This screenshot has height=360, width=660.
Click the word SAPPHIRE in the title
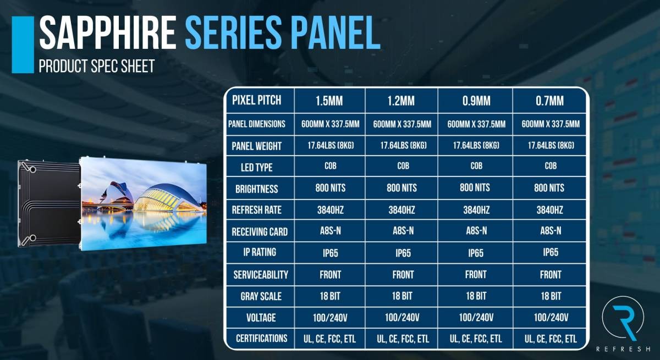[108, 32]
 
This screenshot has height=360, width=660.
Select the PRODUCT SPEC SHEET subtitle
[97, 66]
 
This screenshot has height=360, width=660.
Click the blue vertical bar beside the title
[23, 45]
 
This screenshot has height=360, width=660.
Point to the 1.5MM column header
[329, 101]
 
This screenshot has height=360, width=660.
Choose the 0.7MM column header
[549, 101]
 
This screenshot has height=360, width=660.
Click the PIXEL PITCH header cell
[257, 101]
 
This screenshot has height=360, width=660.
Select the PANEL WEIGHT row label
[257, 146]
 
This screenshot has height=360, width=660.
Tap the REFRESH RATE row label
[257, 210]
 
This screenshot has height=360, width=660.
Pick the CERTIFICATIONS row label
[261, 339]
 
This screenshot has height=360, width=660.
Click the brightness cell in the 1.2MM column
[402, 188]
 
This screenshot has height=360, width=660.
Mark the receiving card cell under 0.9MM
[476, 231]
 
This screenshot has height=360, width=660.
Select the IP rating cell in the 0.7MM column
[551, 252]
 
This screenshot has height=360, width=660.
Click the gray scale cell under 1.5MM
[330, 296]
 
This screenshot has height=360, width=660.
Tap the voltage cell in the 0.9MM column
[476, 318]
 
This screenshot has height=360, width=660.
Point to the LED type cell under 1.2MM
[403, 166]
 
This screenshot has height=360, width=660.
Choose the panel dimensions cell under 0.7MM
[551, 124]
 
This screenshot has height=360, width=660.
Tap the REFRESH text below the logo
[623, 350]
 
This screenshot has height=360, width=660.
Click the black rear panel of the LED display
[49, 204]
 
